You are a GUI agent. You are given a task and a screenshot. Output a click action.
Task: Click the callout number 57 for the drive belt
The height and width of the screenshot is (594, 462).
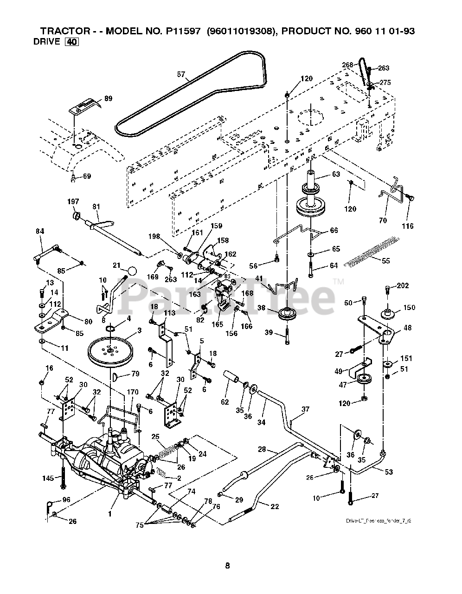(181, 74)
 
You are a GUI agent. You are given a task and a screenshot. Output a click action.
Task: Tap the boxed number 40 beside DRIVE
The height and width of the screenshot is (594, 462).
(72, 42)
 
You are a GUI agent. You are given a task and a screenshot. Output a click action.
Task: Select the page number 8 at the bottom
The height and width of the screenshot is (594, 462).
(227, 566)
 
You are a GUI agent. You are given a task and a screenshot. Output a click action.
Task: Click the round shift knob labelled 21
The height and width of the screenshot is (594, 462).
(132, 270)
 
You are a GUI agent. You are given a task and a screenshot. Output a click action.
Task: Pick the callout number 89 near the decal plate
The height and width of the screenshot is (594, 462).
(108, 98)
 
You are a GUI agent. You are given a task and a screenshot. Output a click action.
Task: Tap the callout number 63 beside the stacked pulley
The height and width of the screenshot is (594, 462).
(336, 174)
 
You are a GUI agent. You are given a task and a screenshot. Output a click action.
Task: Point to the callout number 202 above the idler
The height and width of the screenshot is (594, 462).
(403, 286)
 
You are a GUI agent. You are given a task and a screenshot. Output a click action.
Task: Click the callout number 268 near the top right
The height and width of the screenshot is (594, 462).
(348, 65)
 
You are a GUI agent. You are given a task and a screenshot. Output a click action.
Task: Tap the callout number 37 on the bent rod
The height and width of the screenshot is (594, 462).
(305, 409)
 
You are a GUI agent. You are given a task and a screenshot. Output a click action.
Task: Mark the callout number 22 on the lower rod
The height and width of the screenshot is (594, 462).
(274, 506)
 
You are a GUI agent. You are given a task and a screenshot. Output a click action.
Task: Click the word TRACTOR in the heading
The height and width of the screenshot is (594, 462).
(62, 31)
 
